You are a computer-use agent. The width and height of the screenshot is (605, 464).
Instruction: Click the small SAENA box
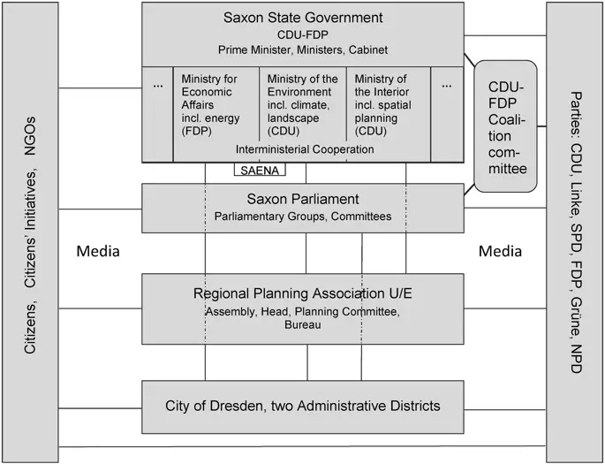pyautogui.click(x=260, y=170)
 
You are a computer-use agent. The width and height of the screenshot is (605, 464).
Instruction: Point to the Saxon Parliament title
pyautogui.click(x=303, y=198)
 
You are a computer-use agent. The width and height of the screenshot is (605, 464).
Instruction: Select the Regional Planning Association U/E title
pyautogui.click(x=303, y=293)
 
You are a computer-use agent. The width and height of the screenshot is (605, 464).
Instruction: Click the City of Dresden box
pyautogui.click(x=303, y=407)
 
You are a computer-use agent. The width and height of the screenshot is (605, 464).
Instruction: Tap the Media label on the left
pyautogui.click(x=98, y=252)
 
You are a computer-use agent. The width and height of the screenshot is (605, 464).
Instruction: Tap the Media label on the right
pyautogui.click(x=500, y=252)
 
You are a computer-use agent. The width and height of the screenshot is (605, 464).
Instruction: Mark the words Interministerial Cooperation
pyautogui.click(x=302, y=149)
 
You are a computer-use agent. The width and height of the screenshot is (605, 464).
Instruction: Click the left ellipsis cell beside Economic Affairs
pyautogui.click(x=158, y=86)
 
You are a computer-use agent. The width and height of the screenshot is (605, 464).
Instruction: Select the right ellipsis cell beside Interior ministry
pyautogui.click(x=446, y=86)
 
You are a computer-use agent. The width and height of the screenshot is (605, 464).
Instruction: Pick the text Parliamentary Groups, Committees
pyautogui.click(x=303, y=217)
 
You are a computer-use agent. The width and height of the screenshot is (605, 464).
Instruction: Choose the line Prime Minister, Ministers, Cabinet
pyautogui.click(x=303, y=49)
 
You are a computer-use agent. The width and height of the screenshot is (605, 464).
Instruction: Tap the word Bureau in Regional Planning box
pyautogui.click(x=303, y=326)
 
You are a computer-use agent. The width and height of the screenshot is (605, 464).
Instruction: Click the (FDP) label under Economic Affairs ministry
pyautogui.click(x=197, y=131)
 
